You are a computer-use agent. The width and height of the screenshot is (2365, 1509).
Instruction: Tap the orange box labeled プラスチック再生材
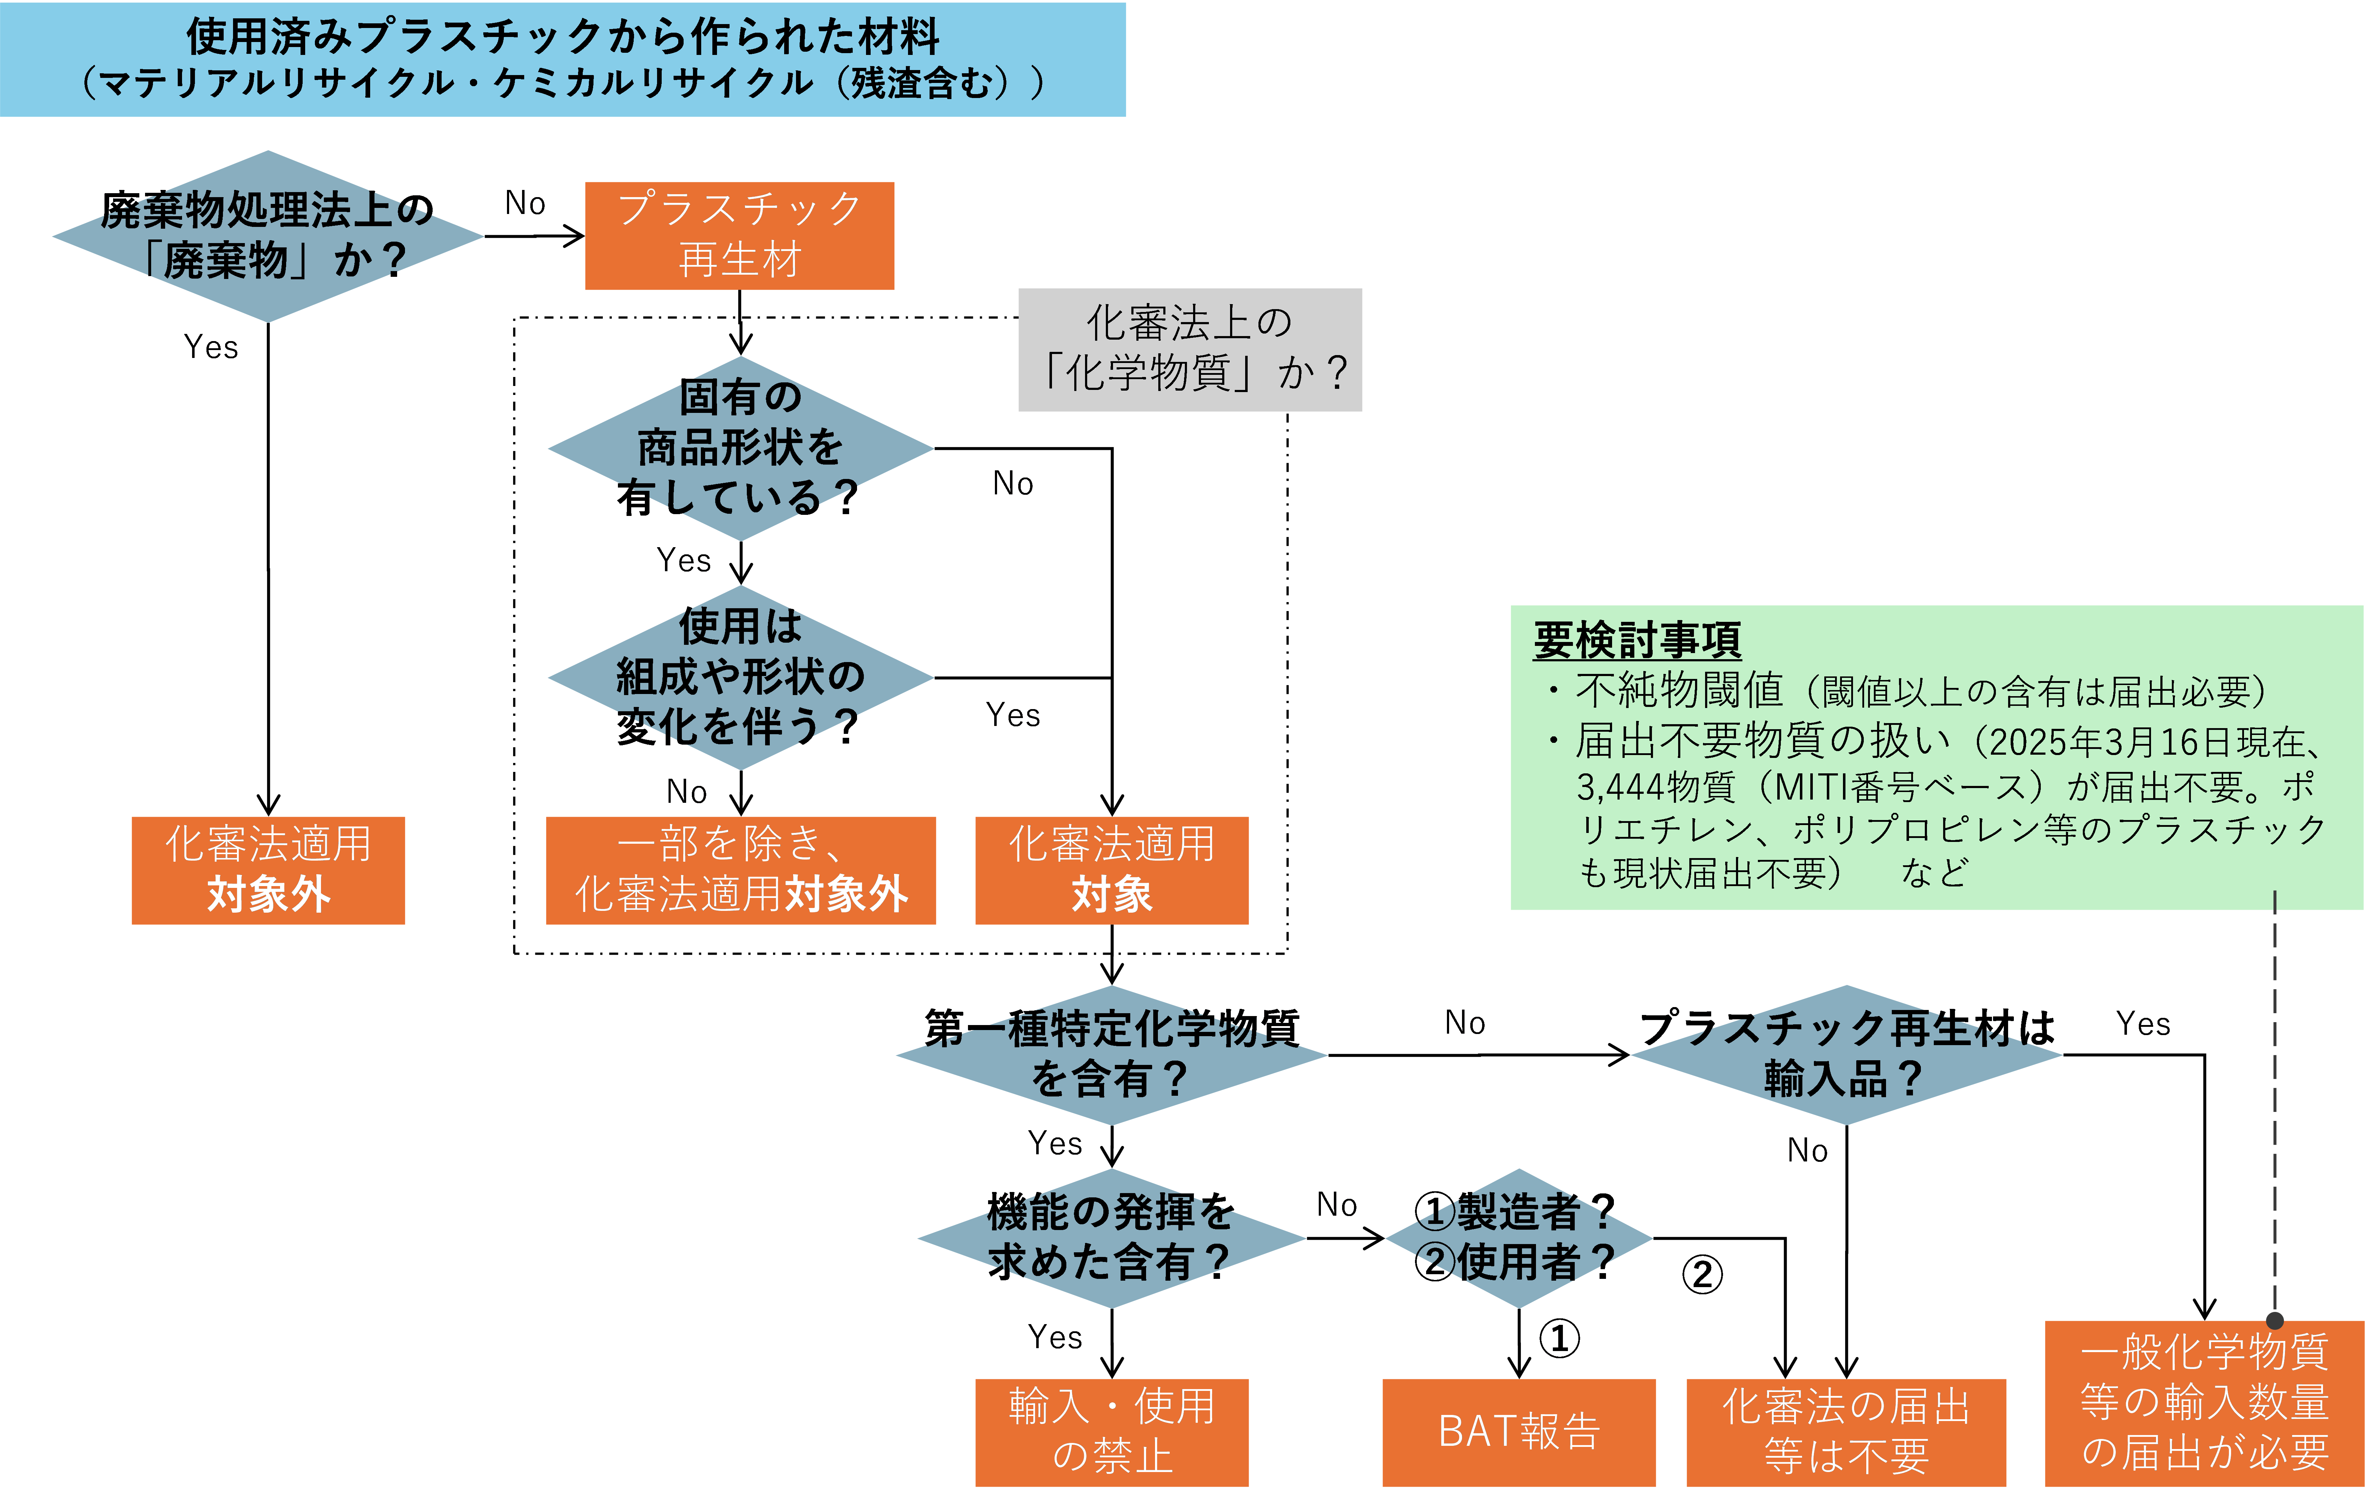(740, 236)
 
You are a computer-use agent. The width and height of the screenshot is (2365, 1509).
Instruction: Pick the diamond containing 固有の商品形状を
(741, 448)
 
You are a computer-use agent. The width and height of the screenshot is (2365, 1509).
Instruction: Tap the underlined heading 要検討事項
(1637, 641)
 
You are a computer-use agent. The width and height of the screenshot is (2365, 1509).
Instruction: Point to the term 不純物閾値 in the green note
(1680, 691)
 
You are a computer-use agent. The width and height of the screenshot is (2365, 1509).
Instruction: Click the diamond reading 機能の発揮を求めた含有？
(1112, 1238)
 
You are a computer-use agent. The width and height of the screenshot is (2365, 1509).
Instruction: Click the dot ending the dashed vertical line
(2275, 1321)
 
